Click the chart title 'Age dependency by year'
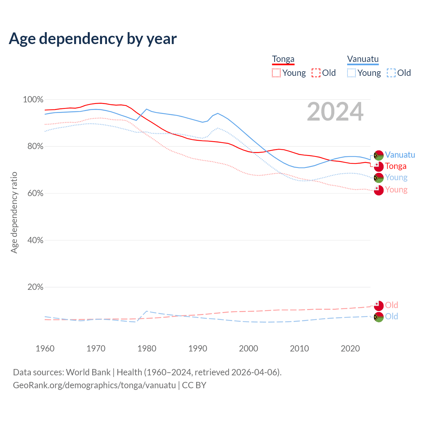click(x=93, y=39)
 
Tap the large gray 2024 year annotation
click(x=335, y=112)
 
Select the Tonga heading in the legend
click(x=283, y=59)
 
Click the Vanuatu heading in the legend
click(x=363, y=59)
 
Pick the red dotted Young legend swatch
click(x=276, y=73)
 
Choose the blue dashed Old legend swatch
click(x=391, y=73)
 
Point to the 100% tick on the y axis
click(x=33, y=99)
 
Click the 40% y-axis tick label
click(x=35, y=240)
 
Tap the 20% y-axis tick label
click(x=35, y=287)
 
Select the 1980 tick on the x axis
click(x=147, y=348)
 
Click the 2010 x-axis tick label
click(x=299, y=348)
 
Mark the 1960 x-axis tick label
click(x=45, y=348)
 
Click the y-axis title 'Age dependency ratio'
click(x=14, y=212)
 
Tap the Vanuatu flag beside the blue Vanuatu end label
click(x=379, y=155)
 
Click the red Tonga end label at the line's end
click(x=396, y=166)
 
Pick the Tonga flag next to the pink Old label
click(x=379, y=305)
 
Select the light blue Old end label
click(x=392, y=316)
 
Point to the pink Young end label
click(x=396, y=190)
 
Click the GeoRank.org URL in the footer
click(x=94, y=385)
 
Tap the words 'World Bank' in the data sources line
click(x=88, y=372)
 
